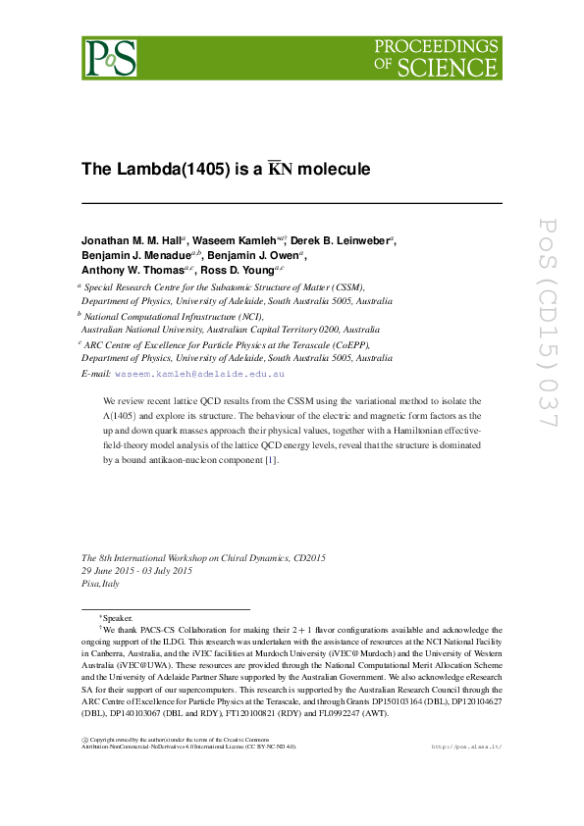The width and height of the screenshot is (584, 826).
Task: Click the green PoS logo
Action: (x=109, y=58)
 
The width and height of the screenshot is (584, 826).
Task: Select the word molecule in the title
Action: (x=334, y=169)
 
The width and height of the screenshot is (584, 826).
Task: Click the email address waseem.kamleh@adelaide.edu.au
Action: (x=199, y=374)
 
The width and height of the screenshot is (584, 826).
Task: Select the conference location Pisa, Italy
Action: (x=99, y=584)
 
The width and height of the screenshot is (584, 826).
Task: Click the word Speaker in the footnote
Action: (x=117, y=618)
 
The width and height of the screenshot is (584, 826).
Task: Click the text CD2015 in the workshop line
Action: (x=303, y=557)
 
